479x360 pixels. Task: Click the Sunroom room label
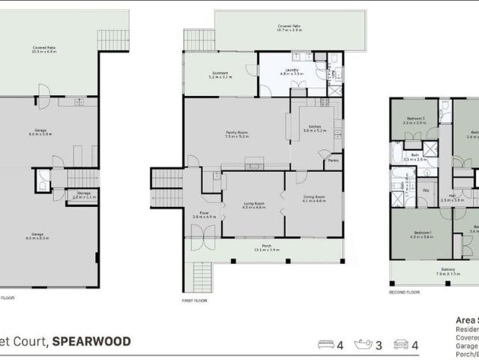(x=218, y=73)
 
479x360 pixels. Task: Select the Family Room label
(x=237, y=133)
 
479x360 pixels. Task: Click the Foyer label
(x=204, y=214)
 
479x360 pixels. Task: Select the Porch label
(x=266, y=246)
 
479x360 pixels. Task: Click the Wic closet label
(x=425, y=190)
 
